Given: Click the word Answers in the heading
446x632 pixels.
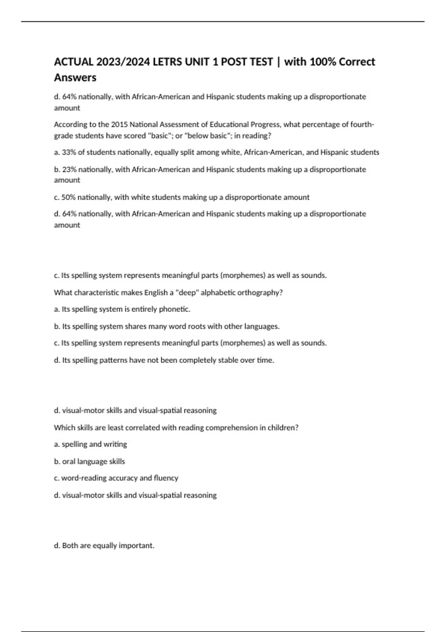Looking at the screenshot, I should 75,78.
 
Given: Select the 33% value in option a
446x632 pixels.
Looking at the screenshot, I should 69,152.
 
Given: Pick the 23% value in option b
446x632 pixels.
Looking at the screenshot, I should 69,170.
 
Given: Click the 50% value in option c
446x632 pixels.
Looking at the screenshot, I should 68,197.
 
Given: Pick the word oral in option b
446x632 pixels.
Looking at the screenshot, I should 69,462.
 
